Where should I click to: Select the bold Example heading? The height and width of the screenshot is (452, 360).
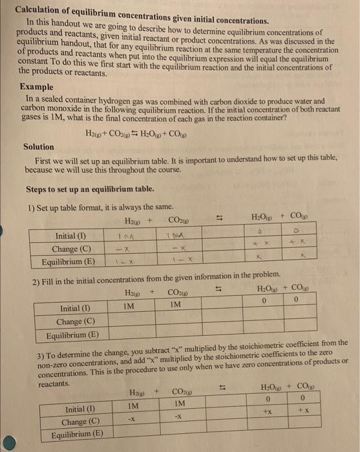coord(37,87)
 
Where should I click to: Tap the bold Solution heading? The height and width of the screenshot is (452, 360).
coord(39,147)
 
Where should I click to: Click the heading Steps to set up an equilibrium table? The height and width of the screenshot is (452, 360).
coord(90,189)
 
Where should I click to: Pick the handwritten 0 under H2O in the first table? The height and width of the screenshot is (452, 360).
coord(259,231)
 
